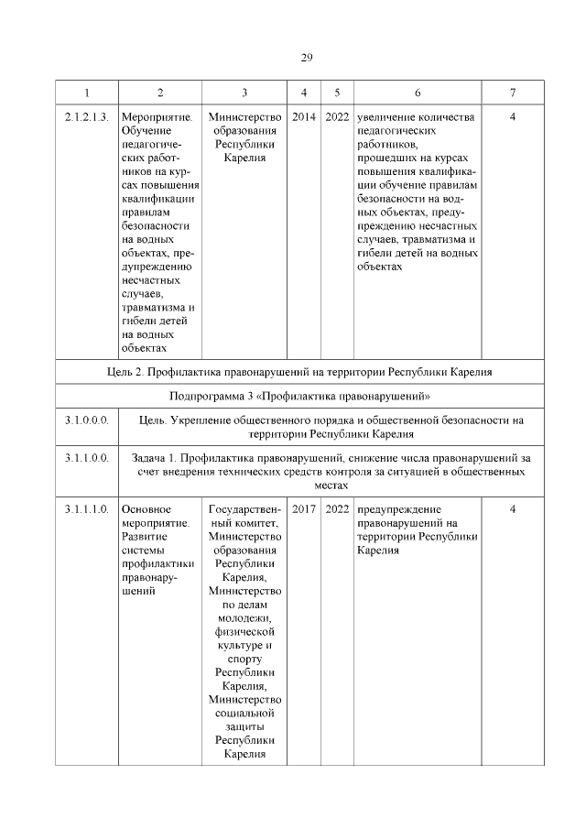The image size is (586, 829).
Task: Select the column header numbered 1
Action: coord(87,93)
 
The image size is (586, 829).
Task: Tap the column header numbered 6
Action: coord(418,93)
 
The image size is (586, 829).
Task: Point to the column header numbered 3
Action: coord(244,93)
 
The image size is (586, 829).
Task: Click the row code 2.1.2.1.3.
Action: coord(87,117)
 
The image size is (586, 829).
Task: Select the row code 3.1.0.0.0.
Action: coord(87,420)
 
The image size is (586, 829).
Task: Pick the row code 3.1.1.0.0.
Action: coord(87,457)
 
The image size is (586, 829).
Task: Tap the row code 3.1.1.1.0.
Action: coord(87,508)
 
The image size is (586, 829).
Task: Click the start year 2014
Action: coord(304,117)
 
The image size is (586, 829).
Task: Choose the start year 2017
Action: coord(304,508)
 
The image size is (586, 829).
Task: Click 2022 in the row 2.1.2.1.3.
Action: coord(337,117)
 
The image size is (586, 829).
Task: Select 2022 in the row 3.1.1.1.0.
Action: coord(337,508)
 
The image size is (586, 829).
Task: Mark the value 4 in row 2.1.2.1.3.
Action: coord(513,117)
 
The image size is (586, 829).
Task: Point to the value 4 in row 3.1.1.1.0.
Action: coord(513,508)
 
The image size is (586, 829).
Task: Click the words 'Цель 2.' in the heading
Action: coord(127,372)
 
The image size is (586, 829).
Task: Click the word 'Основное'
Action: coord(146,508)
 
